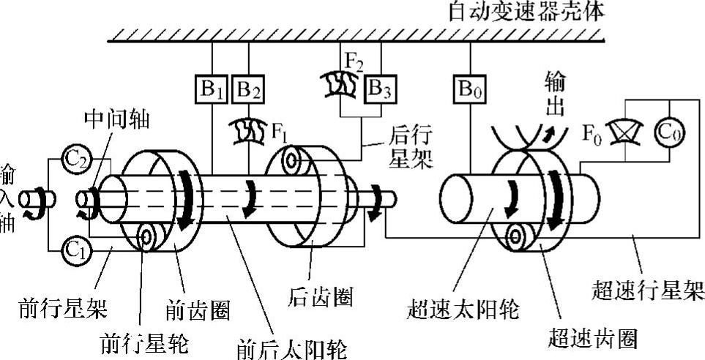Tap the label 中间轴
(x=117, y=121)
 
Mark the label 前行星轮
(x=143, y=342)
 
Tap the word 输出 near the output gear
(x=557, y=94)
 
